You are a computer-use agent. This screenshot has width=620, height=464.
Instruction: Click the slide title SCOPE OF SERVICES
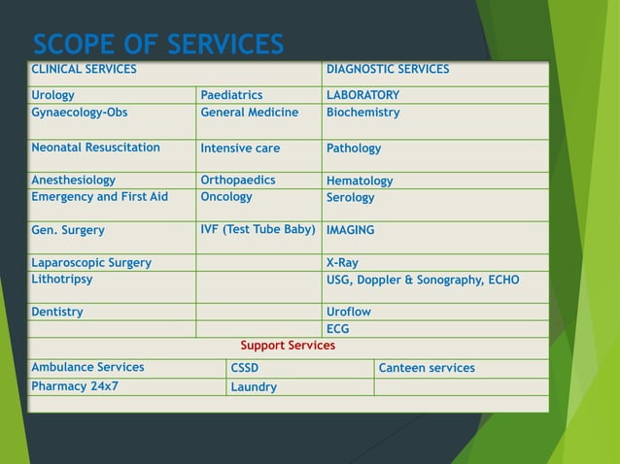(x=158, y=45)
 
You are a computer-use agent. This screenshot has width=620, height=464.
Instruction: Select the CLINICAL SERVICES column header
(x=84, y=70)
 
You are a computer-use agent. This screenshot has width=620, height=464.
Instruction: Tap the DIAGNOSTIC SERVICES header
(x=388, y=70)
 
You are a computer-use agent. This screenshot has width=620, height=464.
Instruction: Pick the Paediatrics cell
(x=231, y=95)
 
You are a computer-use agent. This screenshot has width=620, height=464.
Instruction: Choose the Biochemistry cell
(x=362, y=113)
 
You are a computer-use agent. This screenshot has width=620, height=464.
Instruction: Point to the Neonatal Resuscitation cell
(x=95, y=148)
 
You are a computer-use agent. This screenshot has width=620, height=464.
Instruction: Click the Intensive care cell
(x=240, y=149)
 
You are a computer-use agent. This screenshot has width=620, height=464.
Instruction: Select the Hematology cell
(x=360, y=181)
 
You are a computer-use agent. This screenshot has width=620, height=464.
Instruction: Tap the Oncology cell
(x=226, y=196)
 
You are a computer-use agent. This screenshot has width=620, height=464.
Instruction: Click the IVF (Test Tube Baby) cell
(x=258, y=230)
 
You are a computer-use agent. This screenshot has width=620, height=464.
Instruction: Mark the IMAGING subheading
(x=350, y=231)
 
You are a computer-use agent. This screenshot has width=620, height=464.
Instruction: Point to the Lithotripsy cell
(x=62, y=280)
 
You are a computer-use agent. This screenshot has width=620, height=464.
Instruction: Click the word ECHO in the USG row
(x=500, y=281)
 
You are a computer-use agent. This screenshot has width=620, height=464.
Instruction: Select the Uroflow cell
(x=349, y=313)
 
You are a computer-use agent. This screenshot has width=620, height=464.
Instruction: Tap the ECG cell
(x=338, y=329)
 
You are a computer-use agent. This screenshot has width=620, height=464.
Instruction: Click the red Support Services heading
(x=288, y=346)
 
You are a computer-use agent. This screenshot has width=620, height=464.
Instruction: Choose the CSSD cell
(x=245, y=369)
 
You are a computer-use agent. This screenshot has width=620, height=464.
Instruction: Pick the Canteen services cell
(x=427, y=369)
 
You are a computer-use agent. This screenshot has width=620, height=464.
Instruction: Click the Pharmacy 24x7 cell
(x=75, y=386)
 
